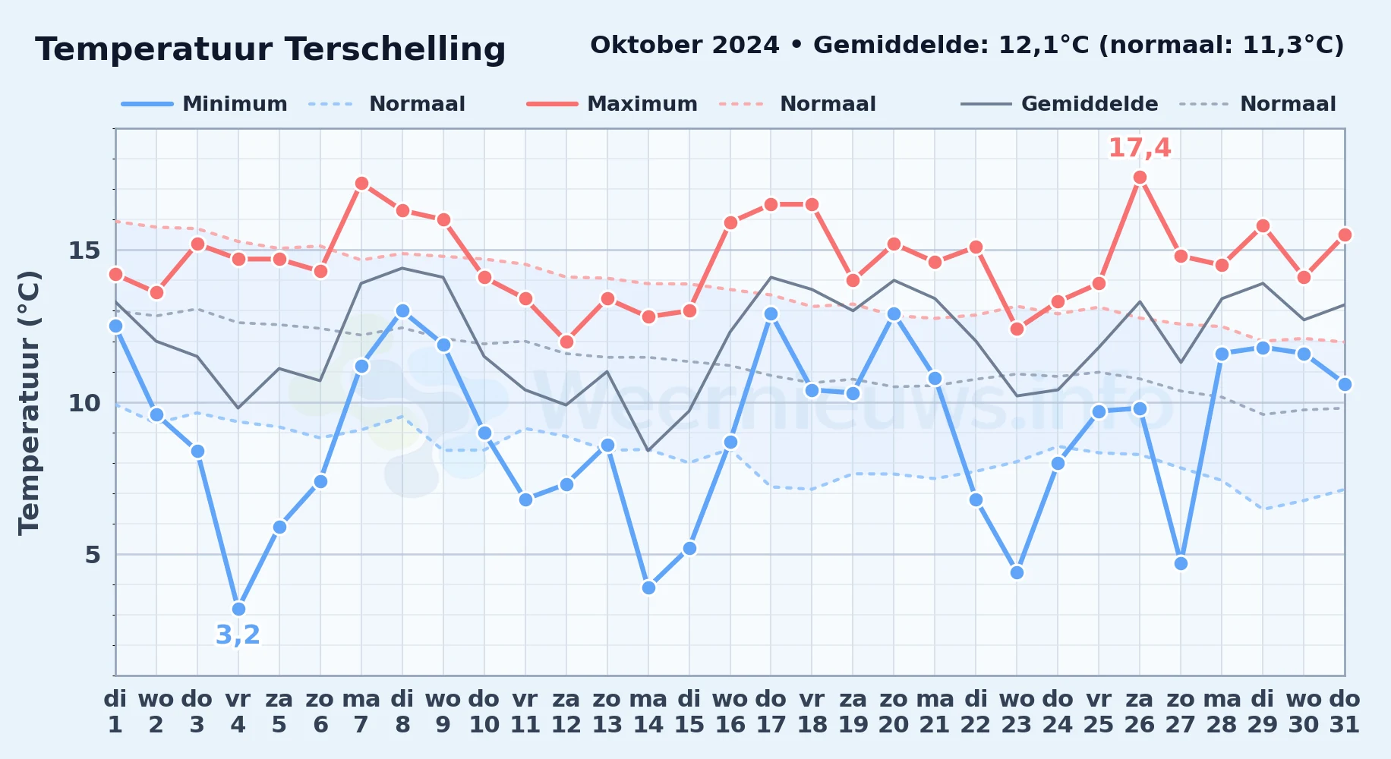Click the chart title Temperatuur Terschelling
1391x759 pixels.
click(270, 49)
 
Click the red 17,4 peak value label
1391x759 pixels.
click(1140, 148)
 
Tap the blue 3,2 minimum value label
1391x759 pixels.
click(238, 635)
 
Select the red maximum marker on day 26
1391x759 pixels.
click(1140, 178)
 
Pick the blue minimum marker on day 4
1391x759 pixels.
click(238, 609)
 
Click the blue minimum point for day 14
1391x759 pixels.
click(648, 587)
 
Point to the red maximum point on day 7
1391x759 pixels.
click(361, 184)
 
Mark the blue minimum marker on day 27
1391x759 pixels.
click(1181, 563)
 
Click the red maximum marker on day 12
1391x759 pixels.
click(566, 342)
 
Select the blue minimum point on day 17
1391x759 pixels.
click(771, 313)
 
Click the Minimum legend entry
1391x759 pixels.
click(204, 104)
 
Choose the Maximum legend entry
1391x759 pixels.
click(612, 104)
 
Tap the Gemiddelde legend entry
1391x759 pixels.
click(1059, 104)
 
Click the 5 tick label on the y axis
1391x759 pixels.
click(93, 555)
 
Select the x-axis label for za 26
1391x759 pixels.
click(1140, 712)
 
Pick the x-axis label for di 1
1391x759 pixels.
click(115, 712)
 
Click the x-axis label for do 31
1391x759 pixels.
click(1345, 712)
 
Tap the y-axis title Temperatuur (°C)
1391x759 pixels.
click(29, 402)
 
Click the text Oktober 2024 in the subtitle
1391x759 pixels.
click(685, 46)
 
